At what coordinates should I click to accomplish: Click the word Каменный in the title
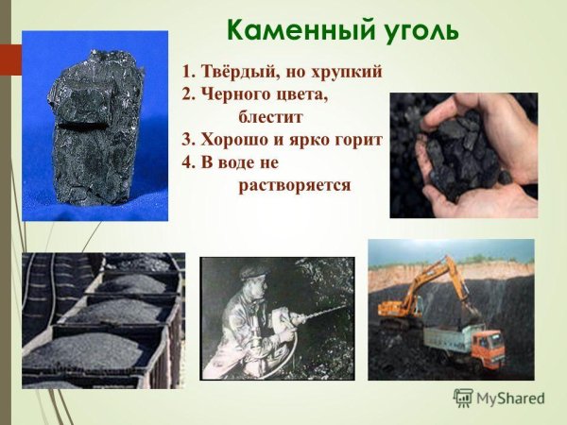[x=283, y=29]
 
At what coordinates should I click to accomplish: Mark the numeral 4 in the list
[x=186, y=161]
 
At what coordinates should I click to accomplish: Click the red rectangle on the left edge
[x=9, y=61]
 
